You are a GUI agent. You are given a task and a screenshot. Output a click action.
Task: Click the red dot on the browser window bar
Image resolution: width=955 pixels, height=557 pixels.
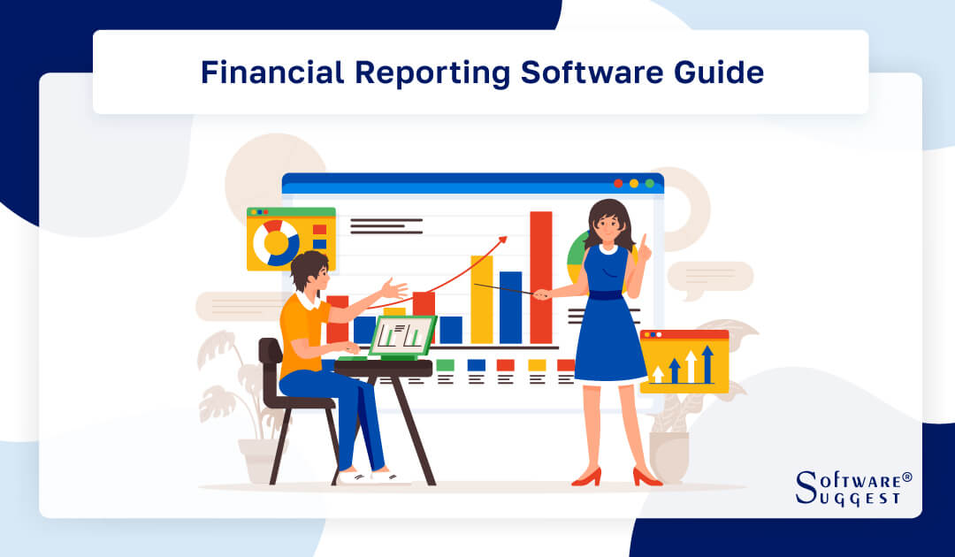(618, 184)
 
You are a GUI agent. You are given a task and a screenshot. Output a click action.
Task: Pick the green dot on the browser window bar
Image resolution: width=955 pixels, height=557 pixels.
(650, 184)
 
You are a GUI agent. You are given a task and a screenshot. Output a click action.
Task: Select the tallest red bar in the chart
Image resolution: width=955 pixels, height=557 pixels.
(540, 277)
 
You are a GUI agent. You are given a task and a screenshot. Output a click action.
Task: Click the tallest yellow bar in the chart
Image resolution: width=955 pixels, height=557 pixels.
(481, 299)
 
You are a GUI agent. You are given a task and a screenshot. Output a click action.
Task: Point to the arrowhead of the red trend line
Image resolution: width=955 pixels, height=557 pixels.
(503, 239)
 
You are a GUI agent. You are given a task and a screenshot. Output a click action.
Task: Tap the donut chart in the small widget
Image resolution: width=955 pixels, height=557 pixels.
(276, 242)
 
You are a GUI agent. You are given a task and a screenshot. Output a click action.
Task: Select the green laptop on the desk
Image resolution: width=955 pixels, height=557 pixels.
(402, 336)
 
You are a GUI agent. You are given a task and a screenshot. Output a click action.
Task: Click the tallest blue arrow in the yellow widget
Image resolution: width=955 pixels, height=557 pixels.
(707, 362)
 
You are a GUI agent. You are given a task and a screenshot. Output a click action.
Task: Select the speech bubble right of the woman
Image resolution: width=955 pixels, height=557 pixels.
(710, 278)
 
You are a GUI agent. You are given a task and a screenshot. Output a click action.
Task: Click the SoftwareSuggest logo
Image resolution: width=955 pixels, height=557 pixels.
(852, 488)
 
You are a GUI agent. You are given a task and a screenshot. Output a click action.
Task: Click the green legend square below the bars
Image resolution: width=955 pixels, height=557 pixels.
(445, 364)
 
